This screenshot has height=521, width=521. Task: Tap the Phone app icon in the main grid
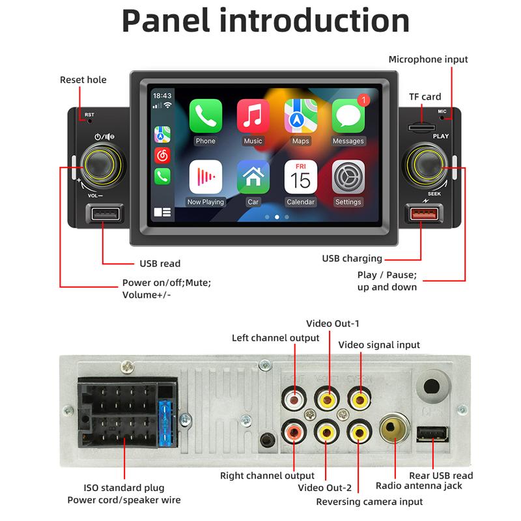coord(206,116)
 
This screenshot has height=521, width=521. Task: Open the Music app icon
coord(253,116)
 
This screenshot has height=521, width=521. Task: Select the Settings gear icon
coord(348,177)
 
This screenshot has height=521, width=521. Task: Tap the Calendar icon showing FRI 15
coord(301,177)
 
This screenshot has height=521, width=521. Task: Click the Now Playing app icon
coord(206,177)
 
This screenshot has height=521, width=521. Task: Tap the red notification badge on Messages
coord(364,100)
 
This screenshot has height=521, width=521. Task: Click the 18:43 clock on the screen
coord(162,96)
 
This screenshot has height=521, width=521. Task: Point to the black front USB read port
coord(106,214)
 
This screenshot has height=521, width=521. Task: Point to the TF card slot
coord(421,128)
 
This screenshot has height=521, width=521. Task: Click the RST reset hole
coord(90,121)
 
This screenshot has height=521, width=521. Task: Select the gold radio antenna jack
coord(395,428)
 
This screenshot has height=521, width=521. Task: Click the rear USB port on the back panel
coord(432,434)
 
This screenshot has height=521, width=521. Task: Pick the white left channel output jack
coord(294,399)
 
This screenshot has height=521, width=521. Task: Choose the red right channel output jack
coord(294,432)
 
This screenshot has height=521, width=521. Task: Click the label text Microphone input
coord(428,59)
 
